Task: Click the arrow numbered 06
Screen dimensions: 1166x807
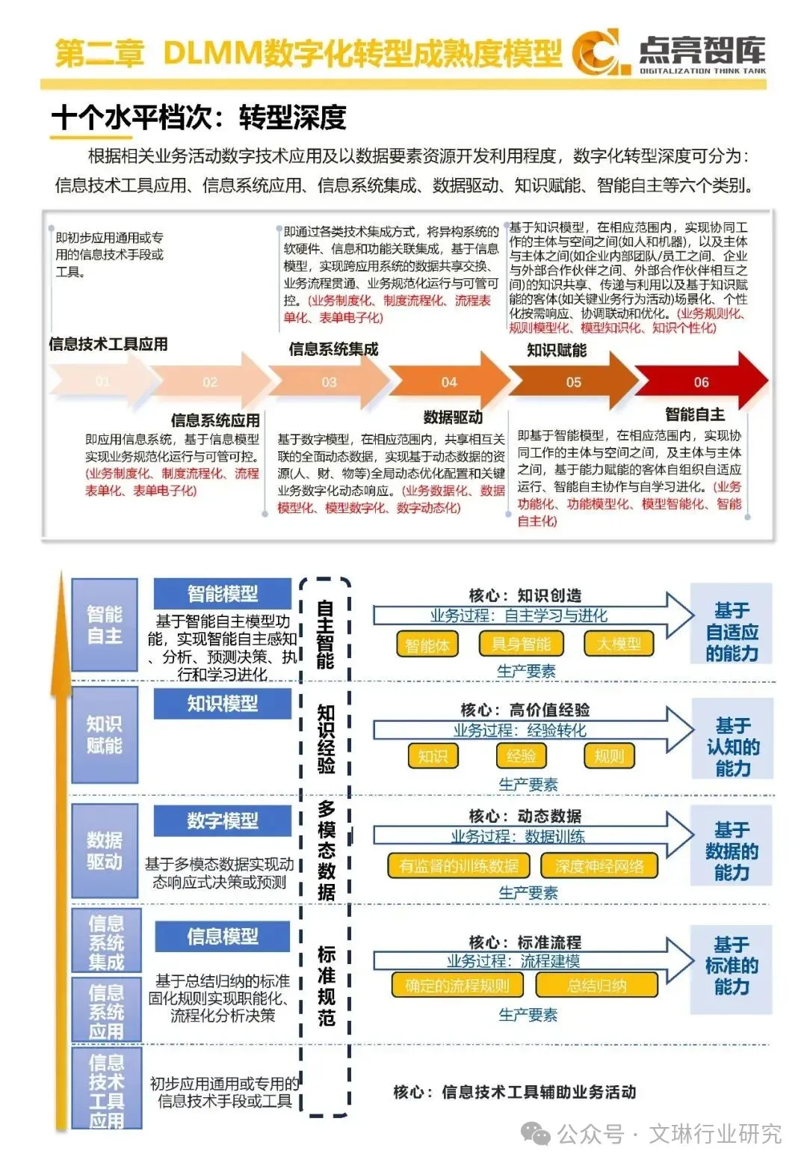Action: (x=701, y=382)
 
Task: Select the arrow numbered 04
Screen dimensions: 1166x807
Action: (x=449, y=382)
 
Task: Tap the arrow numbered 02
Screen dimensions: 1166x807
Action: (x=210, y=382)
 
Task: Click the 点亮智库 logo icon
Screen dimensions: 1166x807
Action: (x=596, y=52)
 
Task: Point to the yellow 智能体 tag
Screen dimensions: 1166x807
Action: (x=427, y=645)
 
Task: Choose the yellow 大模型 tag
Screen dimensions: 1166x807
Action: (x=619, y=644)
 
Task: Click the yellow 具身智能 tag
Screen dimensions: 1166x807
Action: (x=521, y=644)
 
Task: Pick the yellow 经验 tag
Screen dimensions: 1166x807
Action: (x=521, y=756)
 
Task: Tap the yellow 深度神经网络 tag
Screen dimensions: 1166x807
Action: (x=599, y=866)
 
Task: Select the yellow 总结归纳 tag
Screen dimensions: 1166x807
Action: (x=596, y=985)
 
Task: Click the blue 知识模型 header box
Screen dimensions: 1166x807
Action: (x=222, y=704)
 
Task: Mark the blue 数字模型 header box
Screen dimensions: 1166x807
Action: (x=222, y=820)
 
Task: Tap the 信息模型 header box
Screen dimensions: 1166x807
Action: (x=222, y=936)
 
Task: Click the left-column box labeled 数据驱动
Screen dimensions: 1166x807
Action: (x=105, y=850)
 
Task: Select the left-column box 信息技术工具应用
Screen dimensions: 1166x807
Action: (x=106, y=1090)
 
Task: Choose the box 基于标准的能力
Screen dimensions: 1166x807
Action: (x=731, y=966)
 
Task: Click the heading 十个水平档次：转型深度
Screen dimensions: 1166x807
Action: (x=199, y=117)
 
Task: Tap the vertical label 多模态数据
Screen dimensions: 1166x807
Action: (x=326, y=850)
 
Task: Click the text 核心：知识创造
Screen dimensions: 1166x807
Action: (x=525, y=595)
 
